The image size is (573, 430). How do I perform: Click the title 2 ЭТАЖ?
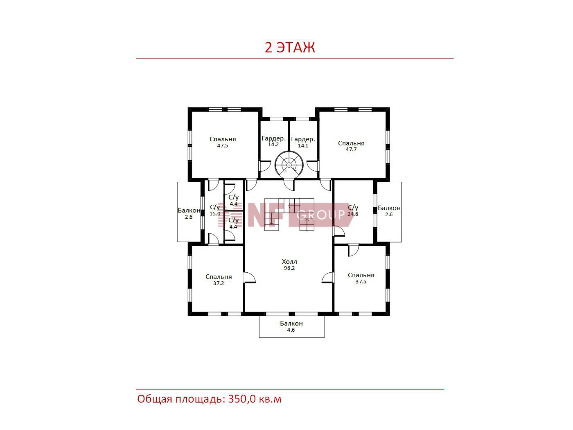click(290, 47)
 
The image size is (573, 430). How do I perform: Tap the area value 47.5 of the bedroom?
click(222, 146)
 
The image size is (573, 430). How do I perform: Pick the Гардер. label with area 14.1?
click(303, 139)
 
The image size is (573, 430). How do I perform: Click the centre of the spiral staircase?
click(289, 165)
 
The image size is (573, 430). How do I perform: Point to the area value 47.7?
click(351, 149)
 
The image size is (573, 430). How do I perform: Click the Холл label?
click(289, 262)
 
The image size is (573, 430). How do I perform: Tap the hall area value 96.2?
click(289, 268)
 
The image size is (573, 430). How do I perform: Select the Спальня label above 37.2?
click(219, 277)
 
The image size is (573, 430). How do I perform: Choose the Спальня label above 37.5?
click(361, 275)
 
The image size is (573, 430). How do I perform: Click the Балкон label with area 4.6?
click(291, 324)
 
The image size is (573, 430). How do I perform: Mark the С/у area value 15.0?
click(215, 213)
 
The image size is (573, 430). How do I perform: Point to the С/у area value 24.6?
click(353, 214)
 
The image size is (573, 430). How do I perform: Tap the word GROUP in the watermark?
click(320, 215)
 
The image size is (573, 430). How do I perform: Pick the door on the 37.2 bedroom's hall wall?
click(249, 278)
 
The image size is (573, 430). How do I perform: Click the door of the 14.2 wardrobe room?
click(265, 166)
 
